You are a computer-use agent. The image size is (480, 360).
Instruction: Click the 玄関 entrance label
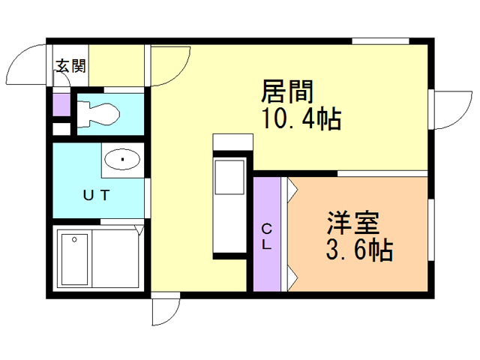click(x=70, y=66)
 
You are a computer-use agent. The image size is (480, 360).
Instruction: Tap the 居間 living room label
click(x=287, y=91)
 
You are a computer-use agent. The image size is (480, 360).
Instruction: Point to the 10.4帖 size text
click(x=301, y=118)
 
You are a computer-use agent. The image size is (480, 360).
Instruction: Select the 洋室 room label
click(x=353, y=223)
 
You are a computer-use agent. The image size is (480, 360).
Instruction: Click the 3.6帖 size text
click(x=359, y=250)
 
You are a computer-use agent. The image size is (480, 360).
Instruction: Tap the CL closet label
click(x=267, y=237)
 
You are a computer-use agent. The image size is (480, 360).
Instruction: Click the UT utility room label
click(x=96, y=195)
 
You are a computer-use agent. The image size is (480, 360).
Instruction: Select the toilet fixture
click(x=98, y=115)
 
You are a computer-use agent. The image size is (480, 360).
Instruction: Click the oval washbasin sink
click(x=122, y=159)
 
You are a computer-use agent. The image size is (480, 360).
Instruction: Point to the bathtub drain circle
click(x=74, y=240)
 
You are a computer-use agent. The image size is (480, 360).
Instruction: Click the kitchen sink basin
click(x=229, y=177)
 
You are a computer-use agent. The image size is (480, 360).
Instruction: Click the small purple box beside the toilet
click(x=61, y=105)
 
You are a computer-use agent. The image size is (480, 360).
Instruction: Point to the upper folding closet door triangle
click(x=292, y=190)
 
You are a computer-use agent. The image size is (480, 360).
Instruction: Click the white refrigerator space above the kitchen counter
click(x=233, y=142)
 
